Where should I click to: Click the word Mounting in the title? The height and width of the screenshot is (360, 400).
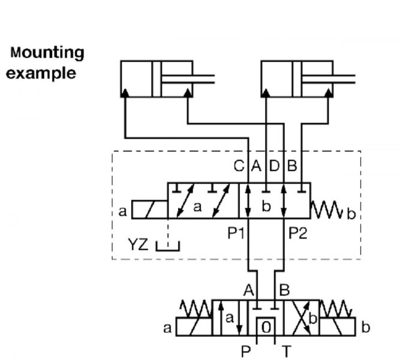click(x=47, y=53)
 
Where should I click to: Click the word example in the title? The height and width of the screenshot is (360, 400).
click(x=41, y=74)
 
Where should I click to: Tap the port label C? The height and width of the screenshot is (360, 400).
click(x=239, y=166)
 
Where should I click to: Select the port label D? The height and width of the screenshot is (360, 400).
click(x=274, y=166)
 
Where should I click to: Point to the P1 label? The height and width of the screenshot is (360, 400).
click(x=236, y=233)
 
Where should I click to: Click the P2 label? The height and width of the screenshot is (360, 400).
click(x=297, y=233)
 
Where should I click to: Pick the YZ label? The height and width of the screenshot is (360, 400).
click(x=138, y=244)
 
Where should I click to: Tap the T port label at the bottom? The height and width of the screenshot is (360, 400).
click(x=286, y=352)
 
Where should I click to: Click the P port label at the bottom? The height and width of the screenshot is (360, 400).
click(x=246, y=352)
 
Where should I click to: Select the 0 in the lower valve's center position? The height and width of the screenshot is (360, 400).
click(x=266, y=327)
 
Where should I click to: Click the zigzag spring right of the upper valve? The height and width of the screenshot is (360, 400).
click(x=326, y=209)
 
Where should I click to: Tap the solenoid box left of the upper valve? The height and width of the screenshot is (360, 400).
click(x=150, y=209)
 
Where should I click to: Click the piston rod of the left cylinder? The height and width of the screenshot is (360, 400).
click(x=188, y=79)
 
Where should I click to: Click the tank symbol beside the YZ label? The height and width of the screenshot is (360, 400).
click(x=168, y=247)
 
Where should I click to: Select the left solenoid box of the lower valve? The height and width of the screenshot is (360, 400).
click(x=194, y=326)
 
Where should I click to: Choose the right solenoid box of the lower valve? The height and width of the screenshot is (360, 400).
click(x=337, y=326)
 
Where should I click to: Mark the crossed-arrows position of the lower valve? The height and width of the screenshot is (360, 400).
click(x=301, y=318)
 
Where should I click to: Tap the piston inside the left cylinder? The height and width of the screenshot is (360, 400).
click(x=157, y=79)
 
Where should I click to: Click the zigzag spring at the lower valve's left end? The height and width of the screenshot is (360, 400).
click(x=196, y=309)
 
